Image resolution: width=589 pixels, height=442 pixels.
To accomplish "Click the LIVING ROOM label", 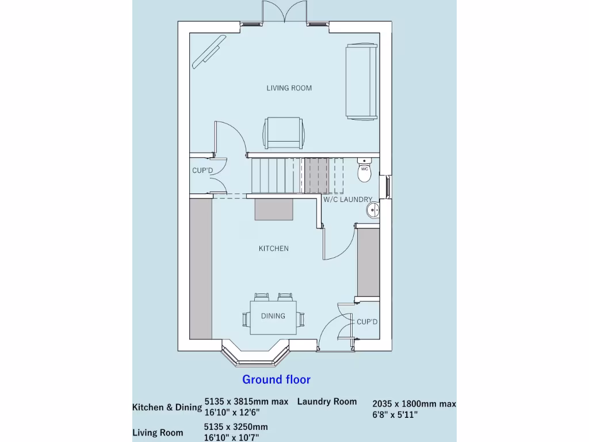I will pyautogui.click(x=289, y=88).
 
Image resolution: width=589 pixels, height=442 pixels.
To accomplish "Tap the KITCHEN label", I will pyautogui.click(x=273, y=249).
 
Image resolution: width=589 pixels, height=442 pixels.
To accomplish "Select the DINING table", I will pyautogui.click(x=273, y=316).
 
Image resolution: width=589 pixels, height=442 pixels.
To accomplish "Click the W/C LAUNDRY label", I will pyautogui.click(x=347, y=200).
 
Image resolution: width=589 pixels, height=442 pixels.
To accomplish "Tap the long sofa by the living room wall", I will pyautogui.click(x=361, y=81).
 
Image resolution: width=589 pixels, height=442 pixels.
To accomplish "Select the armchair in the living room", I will pyautogui.click(x=283, y=133).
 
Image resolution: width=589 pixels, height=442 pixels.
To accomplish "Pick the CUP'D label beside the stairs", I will pyautogui.click(x=202, y=171).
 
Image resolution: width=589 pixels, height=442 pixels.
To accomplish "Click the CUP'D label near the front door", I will pyautogui.click(x=367, y=322).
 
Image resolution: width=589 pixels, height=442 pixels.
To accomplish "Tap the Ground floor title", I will pyautogui.click(x=276, y=379).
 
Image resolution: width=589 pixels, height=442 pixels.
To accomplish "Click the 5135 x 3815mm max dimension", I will pyautogui.click(x=246, y=402).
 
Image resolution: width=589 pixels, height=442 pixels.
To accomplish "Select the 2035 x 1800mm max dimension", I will pyautogui.click(x=414, y=404).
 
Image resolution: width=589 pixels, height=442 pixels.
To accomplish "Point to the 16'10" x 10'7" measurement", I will pyautogui.click(x=235, y=437).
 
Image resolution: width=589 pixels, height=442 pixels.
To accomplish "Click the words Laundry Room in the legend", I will pyautogui.click(x=327, y=402).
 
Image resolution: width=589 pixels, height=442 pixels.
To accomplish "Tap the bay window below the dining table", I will pyautogui.click(x=255, y=357).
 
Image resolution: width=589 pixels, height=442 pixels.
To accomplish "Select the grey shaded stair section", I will pyautogui.click(x=316, y=175).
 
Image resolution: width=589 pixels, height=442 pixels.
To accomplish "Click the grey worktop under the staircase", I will pyautogui.click(x=274, y=209).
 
